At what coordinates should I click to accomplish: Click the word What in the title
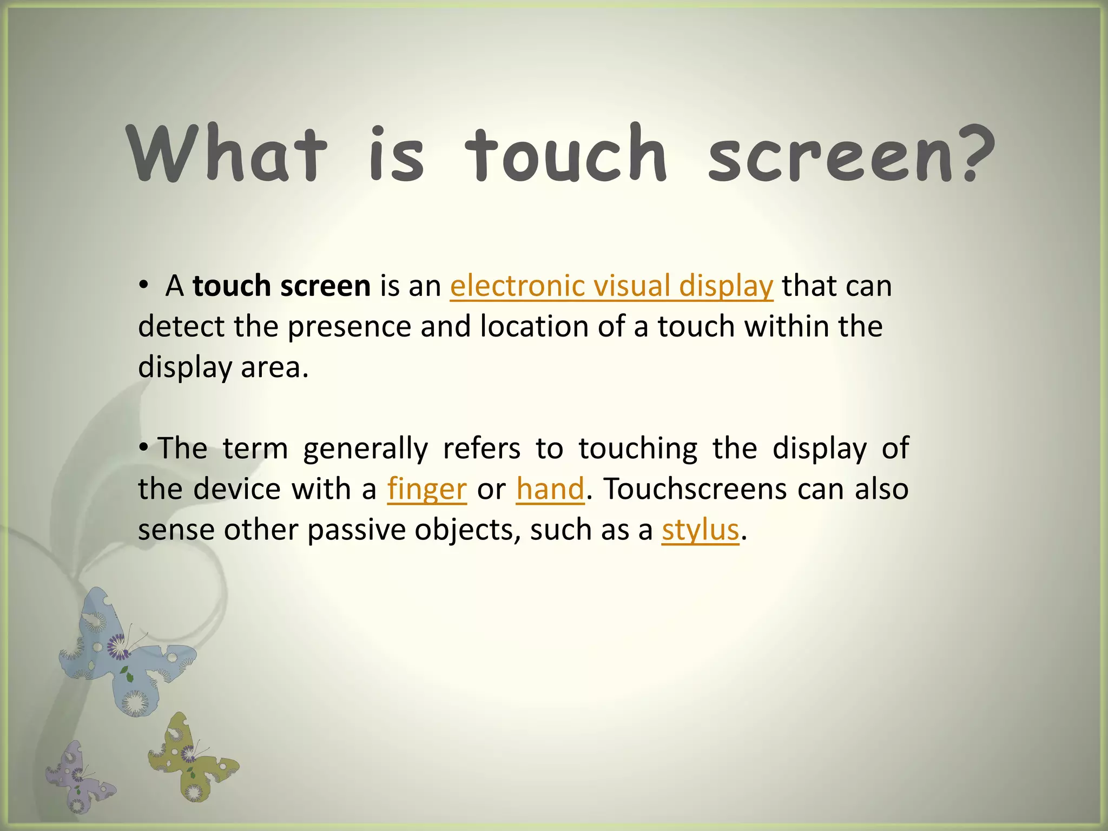pyautogui.click(x=227, y=154)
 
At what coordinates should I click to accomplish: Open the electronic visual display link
pyautogui.click(x=611, y=286)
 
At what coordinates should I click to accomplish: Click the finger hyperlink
pyautogui.click(x=427, y=490)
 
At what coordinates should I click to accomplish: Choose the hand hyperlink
pyautogui.click(x=550, y=489)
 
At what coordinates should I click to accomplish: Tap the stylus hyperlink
pyautogui.click(x=700, y=530)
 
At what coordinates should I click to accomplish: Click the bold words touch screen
pyautogui.click(x=281, y=286)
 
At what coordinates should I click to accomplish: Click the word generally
pyautogui.click(x=365, y=449)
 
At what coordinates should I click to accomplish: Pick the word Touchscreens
pyautogui.click(x=696, y=489)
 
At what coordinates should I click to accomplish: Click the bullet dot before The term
pyautogui.click(x=143, y=448)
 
